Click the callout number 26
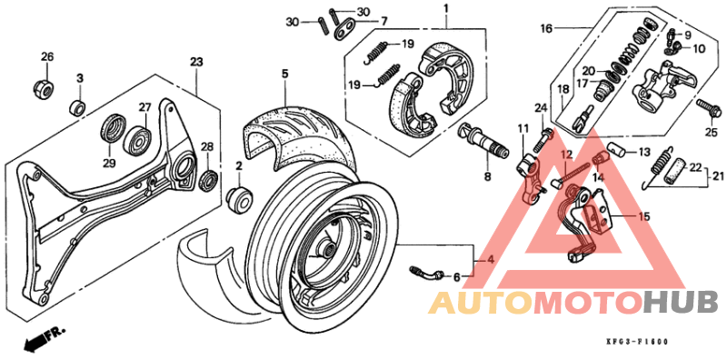coord(46,56)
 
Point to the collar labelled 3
coord(79,108)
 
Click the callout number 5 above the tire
coord(284,73)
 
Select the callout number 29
coord(109,163)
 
